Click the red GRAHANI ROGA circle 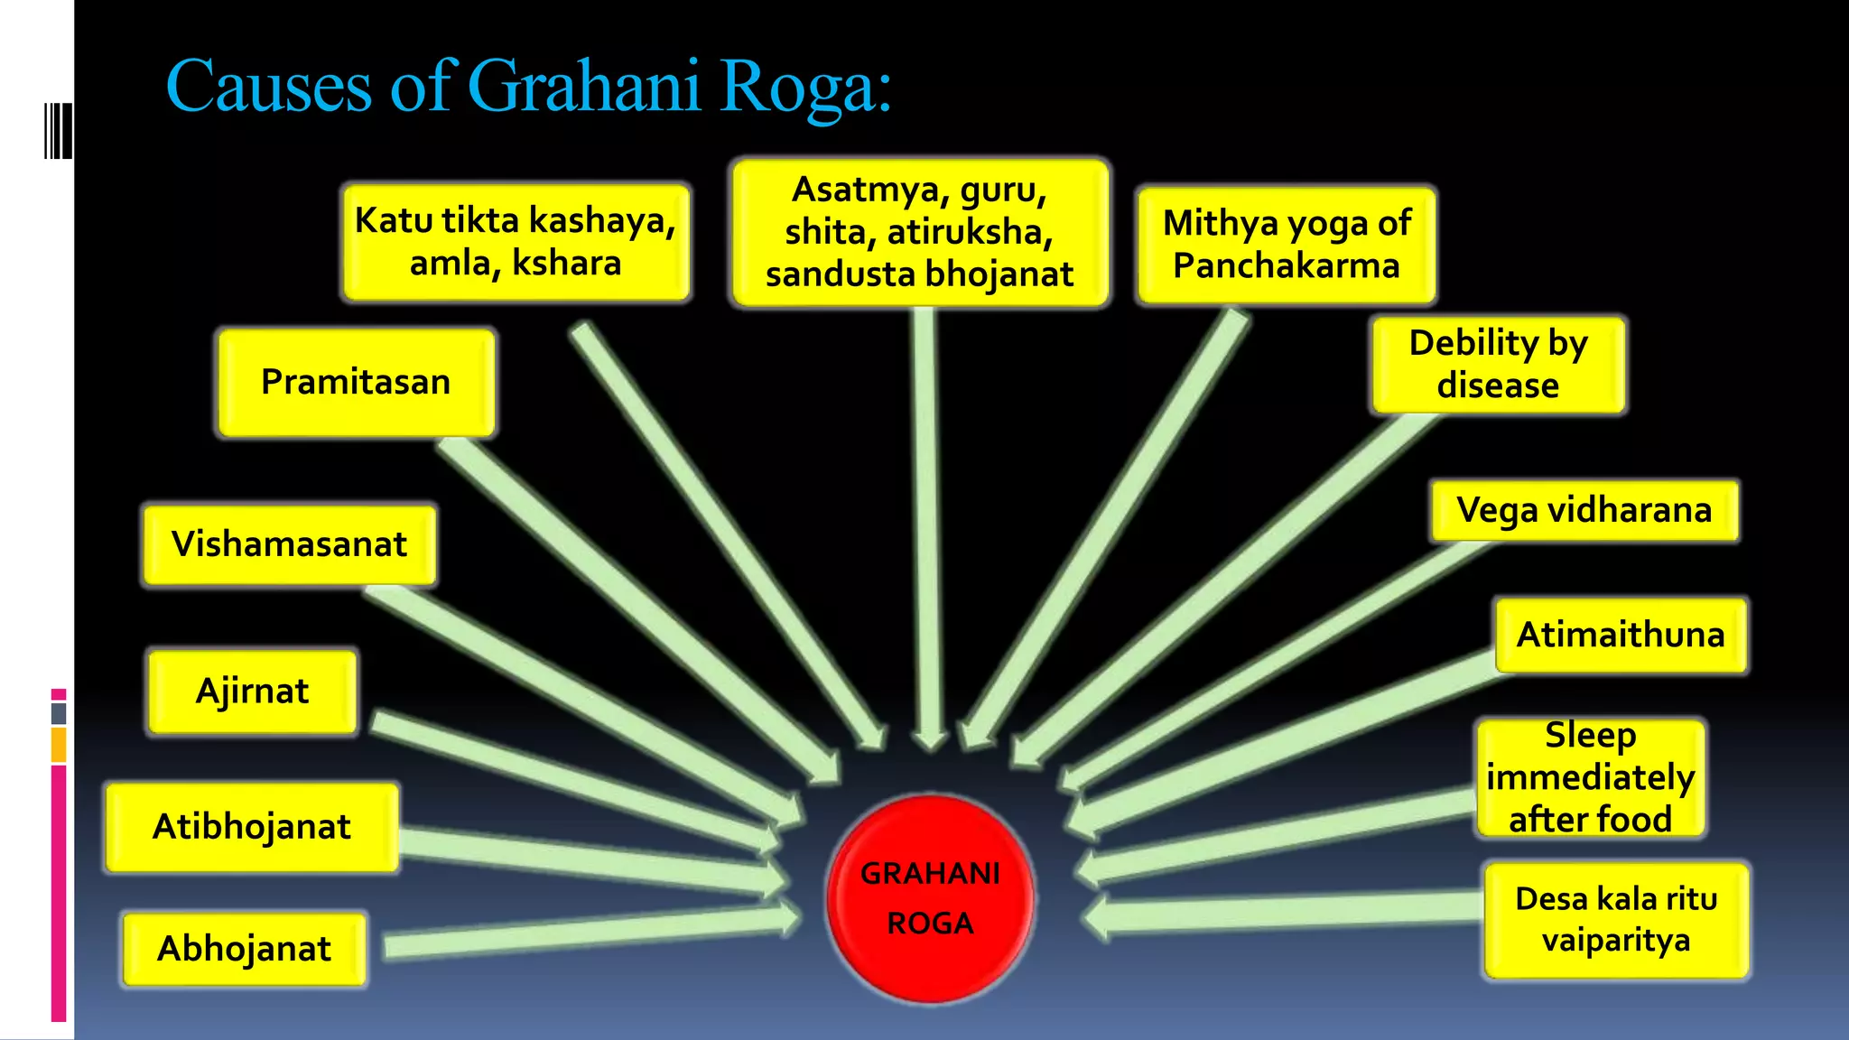point(930,898)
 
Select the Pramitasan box point(356,383)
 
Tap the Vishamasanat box point(289,544)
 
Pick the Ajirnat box point(252,692)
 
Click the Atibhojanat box point(252,827)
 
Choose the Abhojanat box point(244,949)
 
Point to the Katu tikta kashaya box point(516,242)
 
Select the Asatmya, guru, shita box point(920,233)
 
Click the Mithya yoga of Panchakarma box point(1287,245)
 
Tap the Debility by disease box point(1498,364)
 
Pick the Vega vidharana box point(1584,511)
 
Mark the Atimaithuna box point(1621,635)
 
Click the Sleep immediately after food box point(1590,777)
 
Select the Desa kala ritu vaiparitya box point(1616,920)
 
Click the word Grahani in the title point(584,88)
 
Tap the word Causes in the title point(269,88)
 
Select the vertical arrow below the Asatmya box point(925,524)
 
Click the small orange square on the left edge point(59,745)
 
